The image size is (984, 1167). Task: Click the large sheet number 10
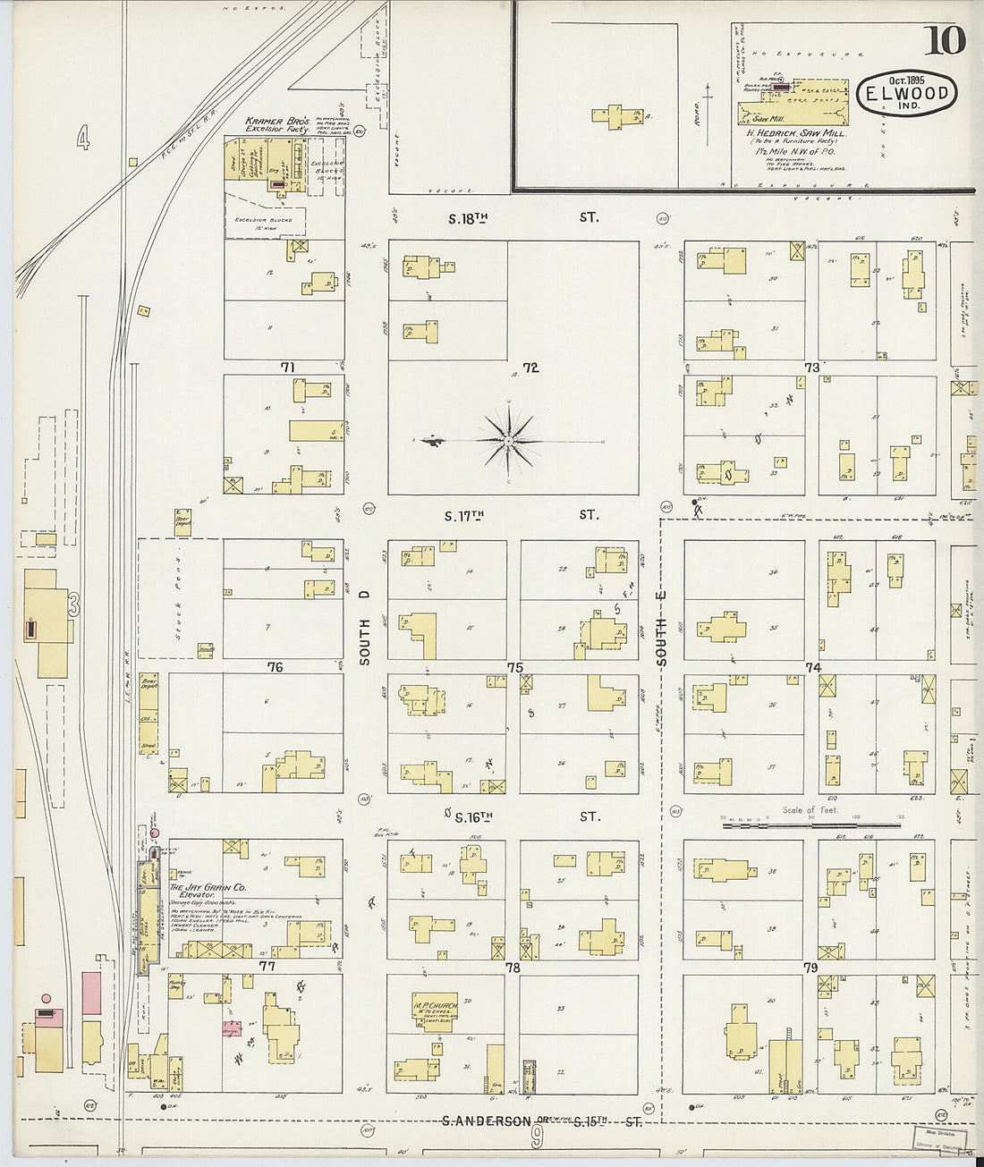click(x=946, y=40)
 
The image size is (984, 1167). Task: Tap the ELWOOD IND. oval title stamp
click(x=906, y=93)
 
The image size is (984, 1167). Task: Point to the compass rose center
click(x=508, y=441)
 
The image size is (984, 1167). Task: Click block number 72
click(x=531, y=368)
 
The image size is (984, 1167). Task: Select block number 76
click(x=275, y=667)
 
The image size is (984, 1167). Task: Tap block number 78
click(x=513, y=968)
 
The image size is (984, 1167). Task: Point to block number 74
click(x=812, y=668)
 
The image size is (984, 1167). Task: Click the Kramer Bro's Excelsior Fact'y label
click(x=277, y=125)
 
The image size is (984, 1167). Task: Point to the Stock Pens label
click(x=179, y=599)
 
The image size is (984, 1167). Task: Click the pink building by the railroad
click(x=91, y=993)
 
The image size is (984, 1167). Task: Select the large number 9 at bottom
click(x=537, y=1137)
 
